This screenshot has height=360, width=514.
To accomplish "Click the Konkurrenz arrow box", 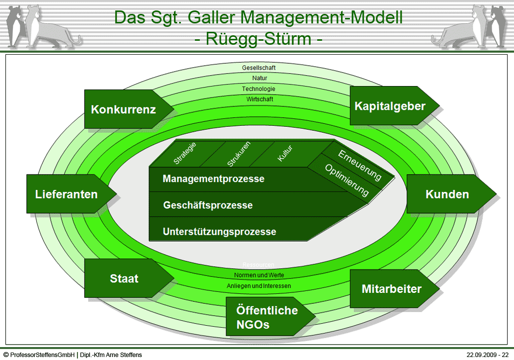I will pyautogui.click(x=124, y=109).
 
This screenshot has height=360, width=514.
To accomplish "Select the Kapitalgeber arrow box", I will pyautogui.click(x=390, y=106).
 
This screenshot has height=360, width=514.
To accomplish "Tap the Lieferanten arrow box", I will pyautogui.click(x=67, y=194).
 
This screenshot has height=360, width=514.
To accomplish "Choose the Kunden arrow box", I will pyautogui.click(x=447, y=194).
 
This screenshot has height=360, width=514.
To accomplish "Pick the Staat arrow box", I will pyautogui.click(x=124, y=278).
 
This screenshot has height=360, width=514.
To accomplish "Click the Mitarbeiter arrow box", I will pyautogui.click(x=391, y=289).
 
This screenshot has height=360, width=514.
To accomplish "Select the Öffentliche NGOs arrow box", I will pyautogui.click(x=267, y=317).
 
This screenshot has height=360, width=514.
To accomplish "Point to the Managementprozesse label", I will pyautogui.click(x=213, y=179).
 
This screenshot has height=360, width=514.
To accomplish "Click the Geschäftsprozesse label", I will pyautogui.click(x=208, y=205).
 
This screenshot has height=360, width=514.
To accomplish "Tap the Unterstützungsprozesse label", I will pyautogui.click(x=219, y=232).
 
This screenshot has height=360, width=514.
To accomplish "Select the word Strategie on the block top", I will pyautogui.click(x=185, y=153).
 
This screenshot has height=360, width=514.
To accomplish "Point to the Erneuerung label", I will pyautogui.click(x=360, y=164).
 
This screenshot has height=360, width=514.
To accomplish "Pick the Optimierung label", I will pyautogui.click(x=347, y=180).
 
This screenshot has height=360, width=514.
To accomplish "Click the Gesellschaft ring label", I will pyautogui.click(x=258, y=68).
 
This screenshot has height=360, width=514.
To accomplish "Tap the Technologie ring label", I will pyautogui.click(x=258, y=89).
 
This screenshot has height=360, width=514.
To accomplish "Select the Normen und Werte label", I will pyautogui.click(x=259, y=275).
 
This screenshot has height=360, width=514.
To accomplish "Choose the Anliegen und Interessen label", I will pyautogui.click(x=259, y=286).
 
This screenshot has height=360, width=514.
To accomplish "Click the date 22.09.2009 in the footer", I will pyautogui.click(x=480, y=355).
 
